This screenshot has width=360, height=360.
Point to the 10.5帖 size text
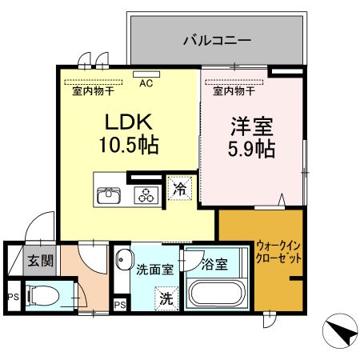pos(128,146)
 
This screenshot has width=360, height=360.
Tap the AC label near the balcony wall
pos(146,82)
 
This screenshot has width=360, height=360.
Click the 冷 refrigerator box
pos(179,190)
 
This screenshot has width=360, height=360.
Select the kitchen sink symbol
pos(108,194)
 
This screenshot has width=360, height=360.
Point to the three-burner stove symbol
pos(145,194)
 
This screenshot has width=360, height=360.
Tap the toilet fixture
pos(43,295)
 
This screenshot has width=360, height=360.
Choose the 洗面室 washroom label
pos(154,270)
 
